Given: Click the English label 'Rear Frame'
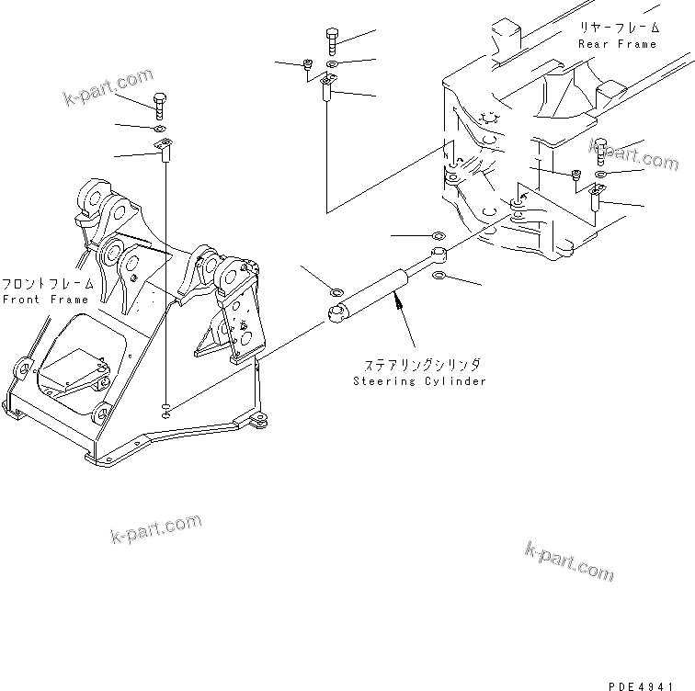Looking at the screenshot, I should tap(617, 44).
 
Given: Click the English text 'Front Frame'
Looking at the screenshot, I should tap(45, 300).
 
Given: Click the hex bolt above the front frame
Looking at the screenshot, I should tap(160, 104).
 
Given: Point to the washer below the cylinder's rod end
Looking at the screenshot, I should tap(439, 275).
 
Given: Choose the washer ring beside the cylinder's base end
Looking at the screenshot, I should tap(336, 292).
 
